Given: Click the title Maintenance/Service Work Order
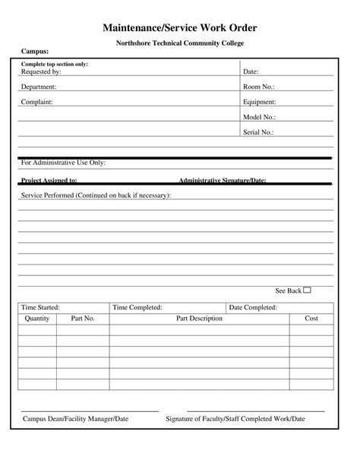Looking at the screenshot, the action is click(180, 27).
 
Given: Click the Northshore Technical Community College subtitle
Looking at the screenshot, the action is click(180, 43).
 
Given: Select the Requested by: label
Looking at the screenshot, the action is click(41, 71).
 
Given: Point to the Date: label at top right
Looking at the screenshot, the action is click(251, 71).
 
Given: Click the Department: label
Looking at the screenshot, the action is click(39, 87).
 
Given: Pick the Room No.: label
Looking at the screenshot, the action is click(258, 87).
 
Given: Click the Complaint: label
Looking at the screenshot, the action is click(36, 101).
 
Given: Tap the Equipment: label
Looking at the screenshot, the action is click(260, 101).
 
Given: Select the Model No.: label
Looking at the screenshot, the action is click(259, 117).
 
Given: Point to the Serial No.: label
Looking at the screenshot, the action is click(258, 132).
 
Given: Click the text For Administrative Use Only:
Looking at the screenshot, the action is click(63, 163).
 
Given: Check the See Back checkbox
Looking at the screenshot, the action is click(308, 290).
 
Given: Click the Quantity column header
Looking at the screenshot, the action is click(37, 319).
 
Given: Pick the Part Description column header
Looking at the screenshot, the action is click(199, 319).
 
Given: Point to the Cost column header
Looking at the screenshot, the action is click(311, 319).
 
